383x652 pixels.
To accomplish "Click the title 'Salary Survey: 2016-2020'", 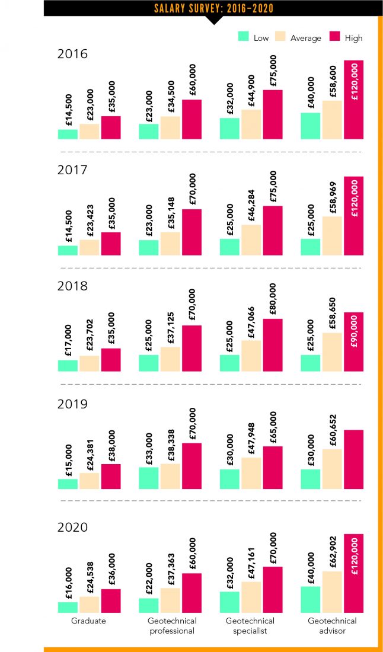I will point(213,8).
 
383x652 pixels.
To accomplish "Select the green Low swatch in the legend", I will point(243,37).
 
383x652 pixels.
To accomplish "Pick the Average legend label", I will point(305,38).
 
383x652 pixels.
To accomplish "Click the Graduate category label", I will point(88,621).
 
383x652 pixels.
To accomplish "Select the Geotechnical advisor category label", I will point(332,625).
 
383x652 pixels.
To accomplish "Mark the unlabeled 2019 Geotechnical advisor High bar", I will point(353,459).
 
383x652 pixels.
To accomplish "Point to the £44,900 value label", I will point(251,89).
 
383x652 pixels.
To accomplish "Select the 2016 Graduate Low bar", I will point(68,134).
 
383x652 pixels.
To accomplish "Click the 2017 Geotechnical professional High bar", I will point(191,232).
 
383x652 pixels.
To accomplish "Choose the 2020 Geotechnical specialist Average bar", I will point(251,596).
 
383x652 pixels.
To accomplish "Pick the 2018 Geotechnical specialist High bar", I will point(273,345).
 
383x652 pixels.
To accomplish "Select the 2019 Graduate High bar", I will point(111,477).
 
